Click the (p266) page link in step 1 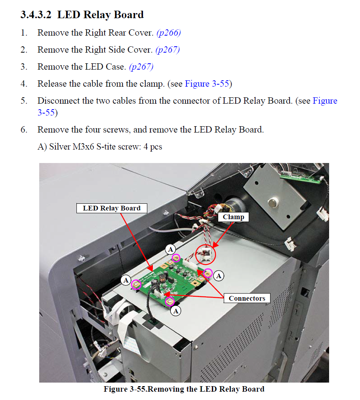pos(168,33)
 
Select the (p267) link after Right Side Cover pos(168,50)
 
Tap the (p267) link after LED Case pos(141,67)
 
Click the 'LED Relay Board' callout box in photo pos(111,209)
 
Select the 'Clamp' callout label pos(233,217)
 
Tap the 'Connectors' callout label pos(247,298)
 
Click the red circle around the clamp pos(206,254)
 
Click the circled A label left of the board pos(126,280)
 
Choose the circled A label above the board pos(170,249)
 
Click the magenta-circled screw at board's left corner pos(136,284)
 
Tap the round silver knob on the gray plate pos(272,203)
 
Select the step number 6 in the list pos(24,130)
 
